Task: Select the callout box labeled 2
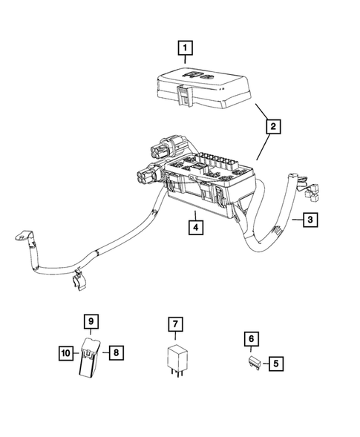coord(274,128)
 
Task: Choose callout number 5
coord(275,364)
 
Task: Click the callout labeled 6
coord(252,339)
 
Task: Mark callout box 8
coord(116,353)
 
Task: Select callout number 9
coord(90,322)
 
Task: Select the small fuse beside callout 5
coord(254,362)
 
